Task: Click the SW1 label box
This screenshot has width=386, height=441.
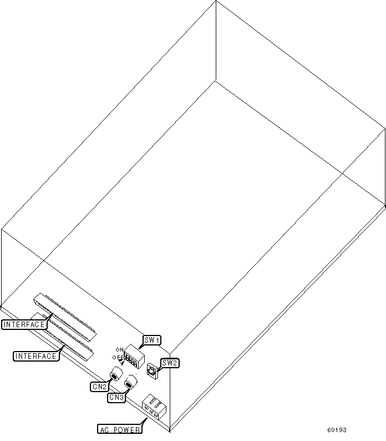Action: [x=152, y=339]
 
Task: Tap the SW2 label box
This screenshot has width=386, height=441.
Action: [x=170, y=363]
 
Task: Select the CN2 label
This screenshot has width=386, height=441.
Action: [x=99, y=386]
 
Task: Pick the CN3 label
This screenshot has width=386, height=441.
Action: [x=116, y=397]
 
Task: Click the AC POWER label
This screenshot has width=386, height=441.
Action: [x=120, y=429]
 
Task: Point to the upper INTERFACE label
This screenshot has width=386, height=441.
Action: [x=24, y=324]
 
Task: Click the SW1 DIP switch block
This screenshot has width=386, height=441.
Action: [x=133, y=355]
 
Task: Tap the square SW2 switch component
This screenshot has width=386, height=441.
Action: [x=152, y=370]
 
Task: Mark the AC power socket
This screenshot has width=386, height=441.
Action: [x=154, y=407]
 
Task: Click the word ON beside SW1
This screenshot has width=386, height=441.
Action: [x=120, y=349]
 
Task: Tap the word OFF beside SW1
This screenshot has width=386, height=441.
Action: [x=119, y=358]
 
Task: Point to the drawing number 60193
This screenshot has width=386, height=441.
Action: [x=337, y=430]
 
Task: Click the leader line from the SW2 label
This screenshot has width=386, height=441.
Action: [x=160, y=366]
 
